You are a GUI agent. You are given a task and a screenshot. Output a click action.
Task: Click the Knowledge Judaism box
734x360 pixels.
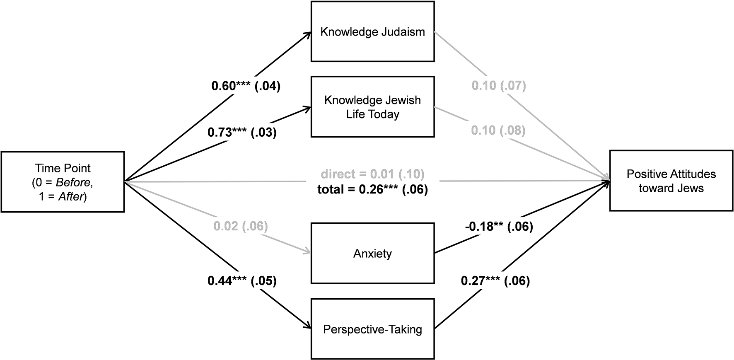tap(373, 31)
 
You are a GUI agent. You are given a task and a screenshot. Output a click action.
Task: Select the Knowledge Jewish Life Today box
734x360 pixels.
tap(373, 107)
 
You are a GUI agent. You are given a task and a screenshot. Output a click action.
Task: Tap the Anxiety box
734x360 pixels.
tap(373, 253)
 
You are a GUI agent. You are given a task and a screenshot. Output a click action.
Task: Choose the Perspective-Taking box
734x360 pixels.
tap(373, 329)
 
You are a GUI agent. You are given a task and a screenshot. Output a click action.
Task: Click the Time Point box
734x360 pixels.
tap(63, 182)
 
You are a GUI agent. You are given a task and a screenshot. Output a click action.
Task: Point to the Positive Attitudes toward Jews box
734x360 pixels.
tap(671, 181)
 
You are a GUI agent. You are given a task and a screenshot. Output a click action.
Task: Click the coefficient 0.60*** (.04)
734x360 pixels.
tap(246, 86)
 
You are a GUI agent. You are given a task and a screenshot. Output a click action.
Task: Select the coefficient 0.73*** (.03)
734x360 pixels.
tap(242, 133)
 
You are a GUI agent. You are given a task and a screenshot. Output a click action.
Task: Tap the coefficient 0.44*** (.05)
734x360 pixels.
tap(242, 281)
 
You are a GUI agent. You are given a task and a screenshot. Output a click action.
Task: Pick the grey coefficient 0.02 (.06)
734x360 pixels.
tap(241, 226)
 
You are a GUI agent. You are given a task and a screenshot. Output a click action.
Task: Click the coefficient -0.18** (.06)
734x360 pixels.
tap(498, 226)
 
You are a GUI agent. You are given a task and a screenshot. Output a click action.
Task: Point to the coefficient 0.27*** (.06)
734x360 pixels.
tap(495, 281)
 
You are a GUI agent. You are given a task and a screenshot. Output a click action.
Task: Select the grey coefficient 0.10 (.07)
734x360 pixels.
tap(499, 86)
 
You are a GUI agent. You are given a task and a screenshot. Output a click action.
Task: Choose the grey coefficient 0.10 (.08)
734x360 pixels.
tap(498, 130)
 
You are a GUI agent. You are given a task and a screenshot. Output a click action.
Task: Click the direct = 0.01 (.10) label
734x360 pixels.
tap(373, 174)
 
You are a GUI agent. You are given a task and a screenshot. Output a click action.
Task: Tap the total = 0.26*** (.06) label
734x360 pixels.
tap(373, 190)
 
